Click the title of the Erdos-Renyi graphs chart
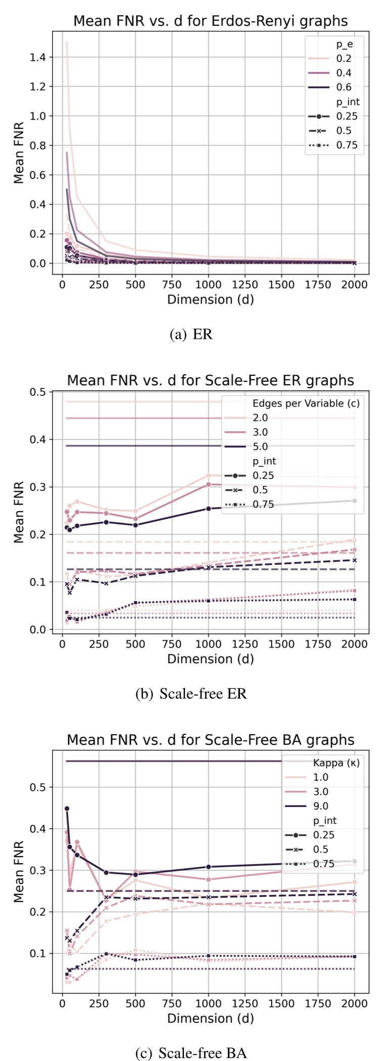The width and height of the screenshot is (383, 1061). (210, 21)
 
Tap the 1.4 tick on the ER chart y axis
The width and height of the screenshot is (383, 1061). (38, 58)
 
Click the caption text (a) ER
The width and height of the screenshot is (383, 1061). (191, 334)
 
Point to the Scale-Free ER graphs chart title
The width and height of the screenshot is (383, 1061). (210, 380)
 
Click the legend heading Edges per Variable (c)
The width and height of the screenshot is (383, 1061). (306, 403)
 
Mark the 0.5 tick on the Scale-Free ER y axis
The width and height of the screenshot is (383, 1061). (38, 392)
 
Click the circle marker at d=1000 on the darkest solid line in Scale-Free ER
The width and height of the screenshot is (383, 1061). (208, 509)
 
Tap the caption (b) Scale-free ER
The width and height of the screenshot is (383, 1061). (191, 694)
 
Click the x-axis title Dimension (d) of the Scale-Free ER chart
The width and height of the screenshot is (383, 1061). (210, 659)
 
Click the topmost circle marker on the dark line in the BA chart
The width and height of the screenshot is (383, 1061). (67, 809)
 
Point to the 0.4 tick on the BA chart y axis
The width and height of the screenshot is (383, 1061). (38, 829)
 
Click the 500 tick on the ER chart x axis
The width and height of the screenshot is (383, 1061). (135, 284)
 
